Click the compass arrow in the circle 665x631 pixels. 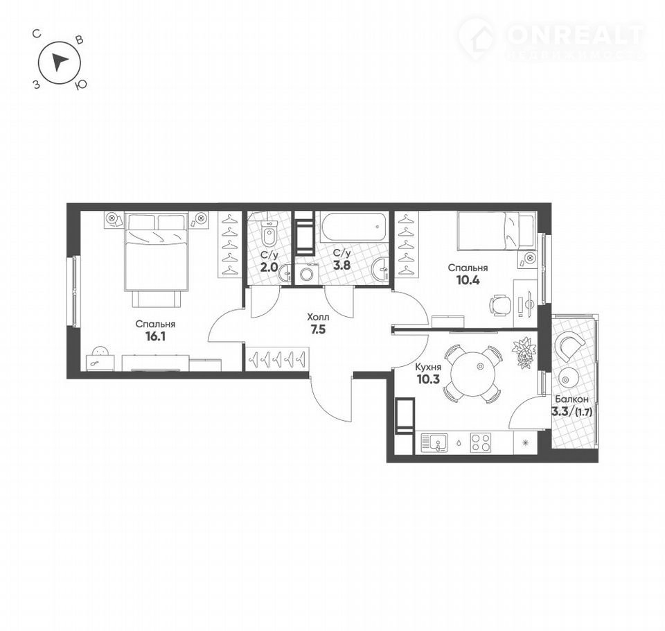59,62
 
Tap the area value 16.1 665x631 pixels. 156,337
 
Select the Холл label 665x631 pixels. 318,317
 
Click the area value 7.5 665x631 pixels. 318,329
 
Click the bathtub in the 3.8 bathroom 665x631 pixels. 354,227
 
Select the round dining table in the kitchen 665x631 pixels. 473,374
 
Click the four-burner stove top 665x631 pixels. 481,442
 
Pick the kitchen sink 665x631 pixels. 434,442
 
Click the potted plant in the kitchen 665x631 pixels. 524,352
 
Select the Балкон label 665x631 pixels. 571,399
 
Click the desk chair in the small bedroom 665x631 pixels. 500,305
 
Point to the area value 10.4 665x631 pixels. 468,280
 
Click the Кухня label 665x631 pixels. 428,368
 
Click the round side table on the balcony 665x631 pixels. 569,377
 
